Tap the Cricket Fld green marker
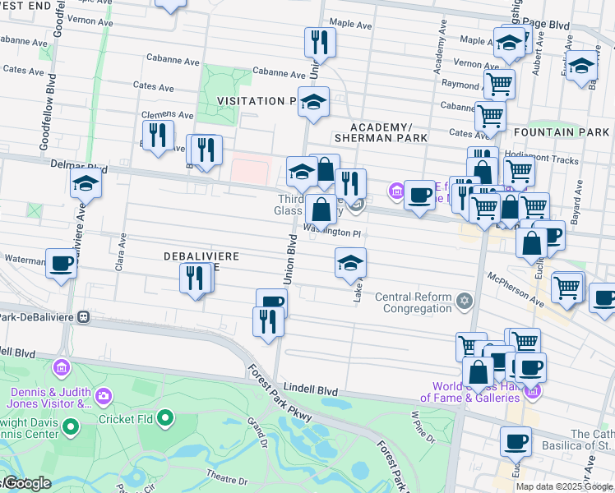[165, 419]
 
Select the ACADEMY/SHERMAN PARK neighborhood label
[381, 132]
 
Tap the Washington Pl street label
[332, 232]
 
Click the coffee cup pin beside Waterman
[61, 264]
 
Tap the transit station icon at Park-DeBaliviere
[82, 316]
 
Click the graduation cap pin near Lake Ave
[350, 263]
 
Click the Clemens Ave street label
[167, 116]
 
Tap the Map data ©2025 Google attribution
[564, 486]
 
